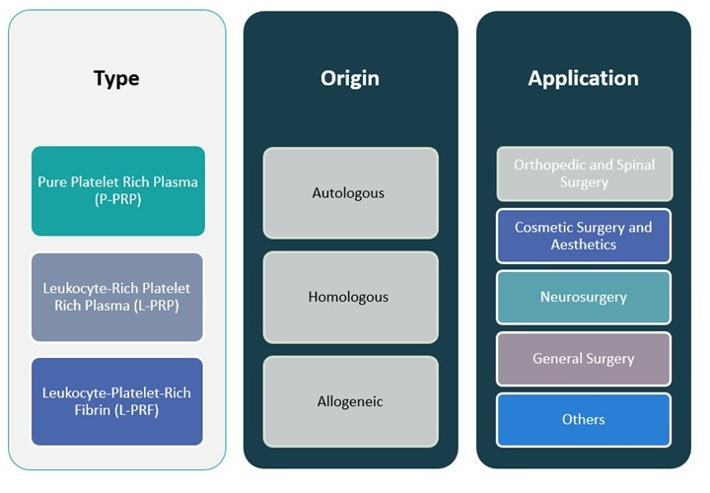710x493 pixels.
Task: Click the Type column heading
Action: (116, 78)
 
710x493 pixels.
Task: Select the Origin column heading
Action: (350, 78)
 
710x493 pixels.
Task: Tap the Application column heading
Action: (583, 78)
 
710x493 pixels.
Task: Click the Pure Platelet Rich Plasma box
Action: (118, 191)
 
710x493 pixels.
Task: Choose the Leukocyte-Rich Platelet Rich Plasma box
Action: (117, 297)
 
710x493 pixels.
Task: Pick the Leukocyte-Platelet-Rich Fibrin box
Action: (117, 401)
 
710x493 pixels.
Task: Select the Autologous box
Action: (350, 193)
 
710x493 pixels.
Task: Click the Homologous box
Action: (350, 297)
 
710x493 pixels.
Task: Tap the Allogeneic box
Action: (350, 401)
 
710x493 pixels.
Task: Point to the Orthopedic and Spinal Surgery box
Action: (583, 174)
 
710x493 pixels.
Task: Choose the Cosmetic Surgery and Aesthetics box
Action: (583, 236)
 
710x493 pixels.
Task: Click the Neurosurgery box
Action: (583, 297)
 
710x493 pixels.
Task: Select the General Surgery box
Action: (583, 359)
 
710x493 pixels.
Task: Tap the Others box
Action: (583, 420)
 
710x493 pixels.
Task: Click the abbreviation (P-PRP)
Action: (117, 200)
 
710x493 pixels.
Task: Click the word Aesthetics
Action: (583, 245)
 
